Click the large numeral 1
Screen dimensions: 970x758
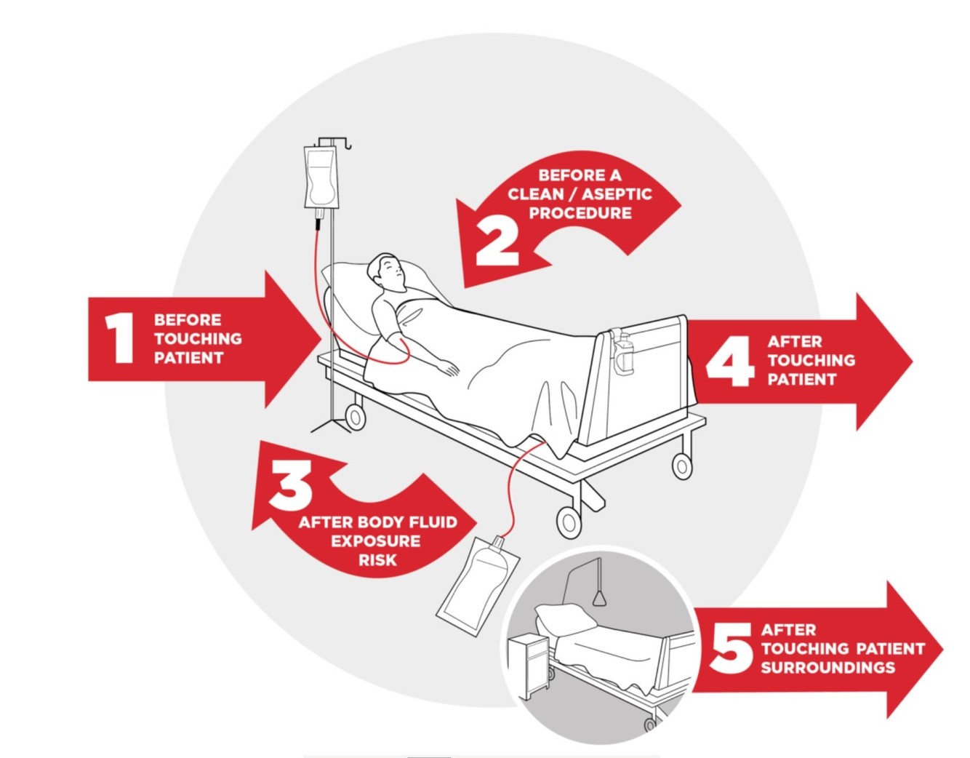[x=119, y=338]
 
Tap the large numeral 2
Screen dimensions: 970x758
[x=498, y=242]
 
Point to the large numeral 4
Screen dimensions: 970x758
[x=731, y=361]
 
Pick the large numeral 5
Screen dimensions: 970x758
[x=731, y=648]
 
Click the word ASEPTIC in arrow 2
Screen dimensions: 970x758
[x=616, y=194]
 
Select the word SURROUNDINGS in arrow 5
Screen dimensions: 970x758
[x=827, y=667]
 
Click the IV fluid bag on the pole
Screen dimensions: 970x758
[x=321, y=177]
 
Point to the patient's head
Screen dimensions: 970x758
[x=386, y=274]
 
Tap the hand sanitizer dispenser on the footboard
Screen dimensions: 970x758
[x=622, y=352]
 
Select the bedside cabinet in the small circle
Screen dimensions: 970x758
[x=527, y=663]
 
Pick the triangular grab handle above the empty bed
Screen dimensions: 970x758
[x=598, y=597]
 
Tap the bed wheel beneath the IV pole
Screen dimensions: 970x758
[x=356, y=418]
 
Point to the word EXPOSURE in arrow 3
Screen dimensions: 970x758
[x=375, y=541]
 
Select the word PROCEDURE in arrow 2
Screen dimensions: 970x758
[x=580, y=213]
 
